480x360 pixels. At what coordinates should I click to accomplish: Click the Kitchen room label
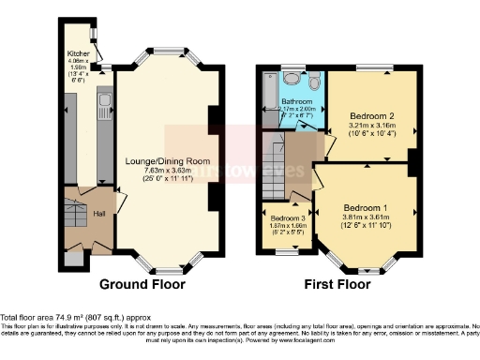(77, 53)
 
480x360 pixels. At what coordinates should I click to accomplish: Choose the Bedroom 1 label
(360, 206)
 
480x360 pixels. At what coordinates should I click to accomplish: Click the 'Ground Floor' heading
(144, 284)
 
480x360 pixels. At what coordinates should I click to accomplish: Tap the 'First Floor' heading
(339, 284)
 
